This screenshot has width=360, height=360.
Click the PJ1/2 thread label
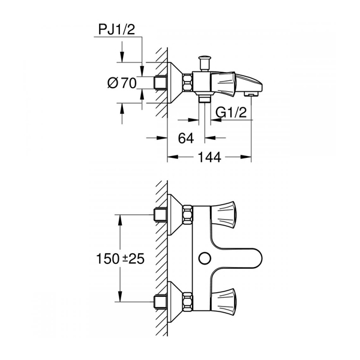click(x=116, y=29)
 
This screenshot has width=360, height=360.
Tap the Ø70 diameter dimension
click(x=122, y=83)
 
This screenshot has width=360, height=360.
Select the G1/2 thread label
click(x=231, y=113)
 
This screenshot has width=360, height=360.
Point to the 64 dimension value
click(x=186, y=138)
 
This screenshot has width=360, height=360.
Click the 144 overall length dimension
click(x=209, y=157)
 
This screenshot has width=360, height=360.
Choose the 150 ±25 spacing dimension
click(x=121, y=259)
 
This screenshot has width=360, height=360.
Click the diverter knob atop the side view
click(x=205, y=62)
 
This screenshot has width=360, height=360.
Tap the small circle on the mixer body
click(x=205, y=258)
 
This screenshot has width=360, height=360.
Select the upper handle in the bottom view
click(x=223, y=215)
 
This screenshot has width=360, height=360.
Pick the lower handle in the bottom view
click(x=223, y=302)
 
